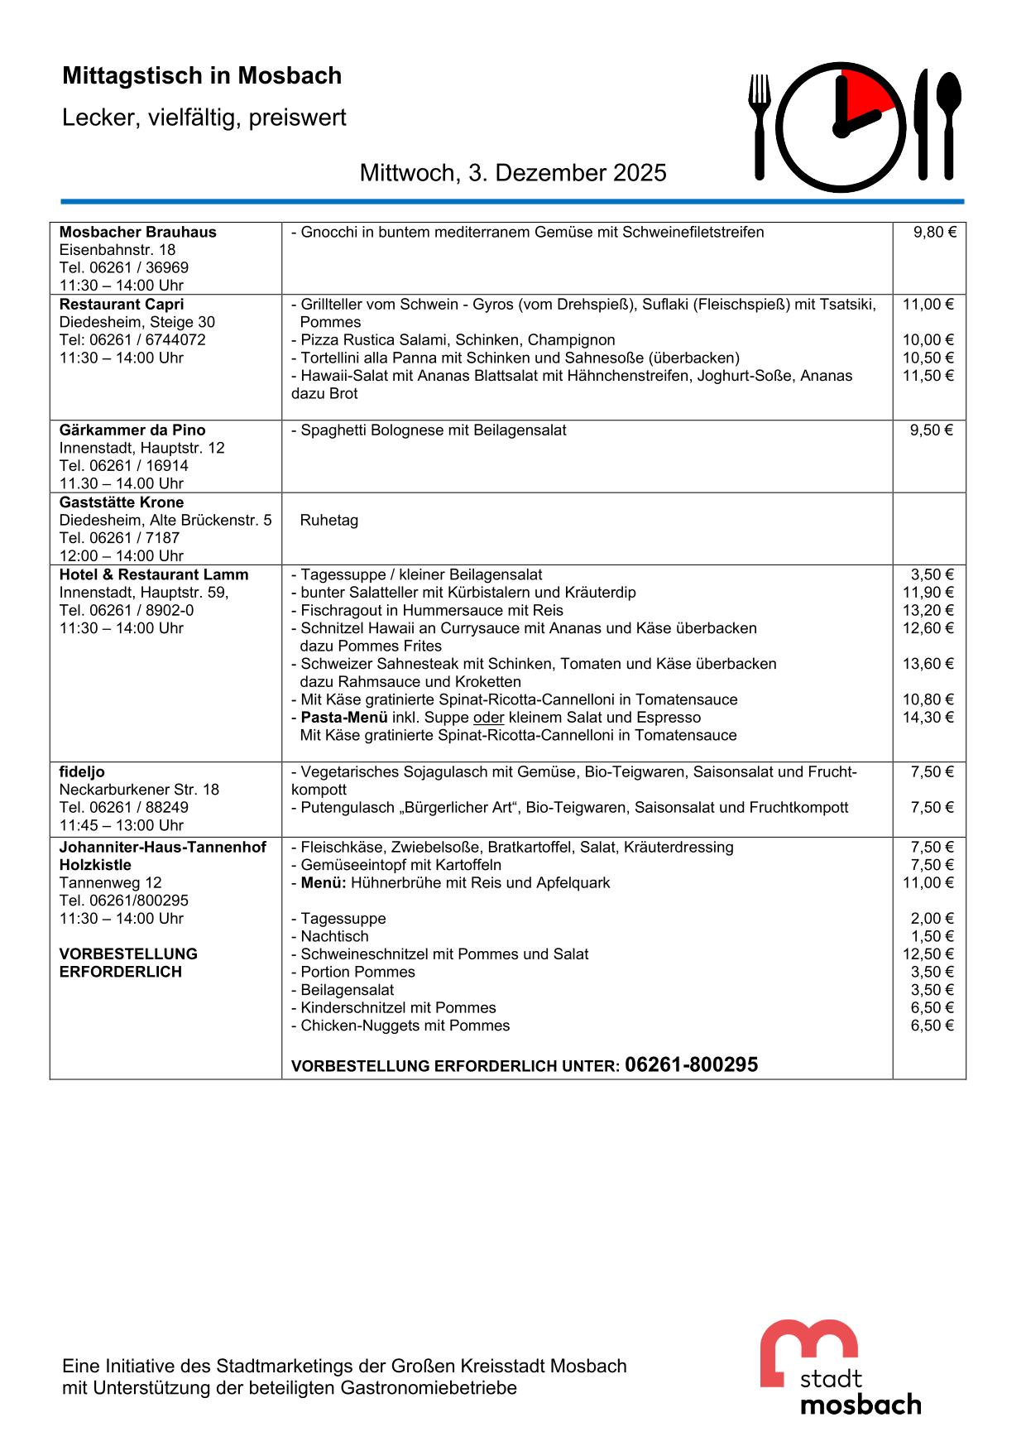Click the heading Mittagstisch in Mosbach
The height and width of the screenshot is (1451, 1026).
click(202, 76)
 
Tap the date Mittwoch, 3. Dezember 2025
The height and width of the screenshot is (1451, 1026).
click(513, 173)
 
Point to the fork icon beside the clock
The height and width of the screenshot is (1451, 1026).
click(760, 124)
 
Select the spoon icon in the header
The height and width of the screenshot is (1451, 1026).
click(949, 124)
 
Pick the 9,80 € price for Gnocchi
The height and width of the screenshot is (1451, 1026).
click(934, 233)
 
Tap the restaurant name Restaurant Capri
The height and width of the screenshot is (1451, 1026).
click(122, 305)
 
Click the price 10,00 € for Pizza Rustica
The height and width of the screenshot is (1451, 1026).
click(928, 340)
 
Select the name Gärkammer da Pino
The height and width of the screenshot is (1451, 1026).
click(132, 430)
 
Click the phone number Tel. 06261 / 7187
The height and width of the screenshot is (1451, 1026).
click(119, 538)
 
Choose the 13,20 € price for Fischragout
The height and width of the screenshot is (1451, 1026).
click(928, 611)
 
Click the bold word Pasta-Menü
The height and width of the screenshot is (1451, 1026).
click(344, 718)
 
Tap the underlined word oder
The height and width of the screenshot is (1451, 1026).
click(488, 718)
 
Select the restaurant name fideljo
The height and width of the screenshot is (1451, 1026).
click(82, 772)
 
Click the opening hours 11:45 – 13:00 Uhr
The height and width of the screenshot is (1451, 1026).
click(121, 825)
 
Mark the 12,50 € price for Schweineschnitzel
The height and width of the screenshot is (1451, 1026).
click(928, 954)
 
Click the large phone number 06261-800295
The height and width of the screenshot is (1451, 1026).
click(691, 1065)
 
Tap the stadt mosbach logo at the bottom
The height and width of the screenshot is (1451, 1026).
click(840, 1367)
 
